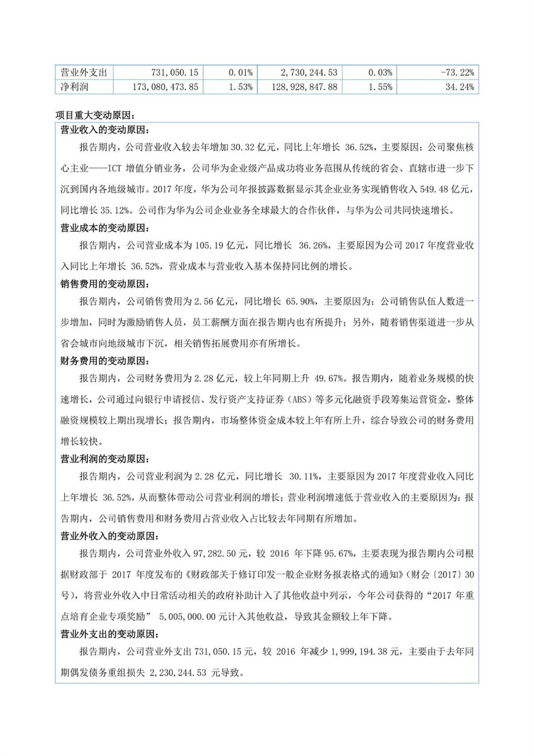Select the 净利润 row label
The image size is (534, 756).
[74, 87]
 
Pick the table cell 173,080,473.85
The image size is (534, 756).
[165, 87]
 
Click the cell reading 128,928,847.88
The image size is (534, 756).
[304, 87]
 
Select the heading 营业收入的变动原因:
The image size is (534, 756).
[105, 130]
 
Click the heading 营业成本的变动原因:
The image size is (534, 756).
[105, 228]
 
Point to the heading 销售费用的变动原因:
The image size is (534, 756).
[105, 284]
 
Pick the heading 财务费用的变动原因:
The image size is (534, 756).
[105, 361]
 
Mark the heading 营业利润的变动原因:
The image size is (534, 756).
[105, 459]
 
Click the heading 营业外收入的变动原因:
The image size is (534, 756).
[109, 536]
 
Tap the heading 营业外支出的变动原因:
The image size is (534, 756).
[109, 634]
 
